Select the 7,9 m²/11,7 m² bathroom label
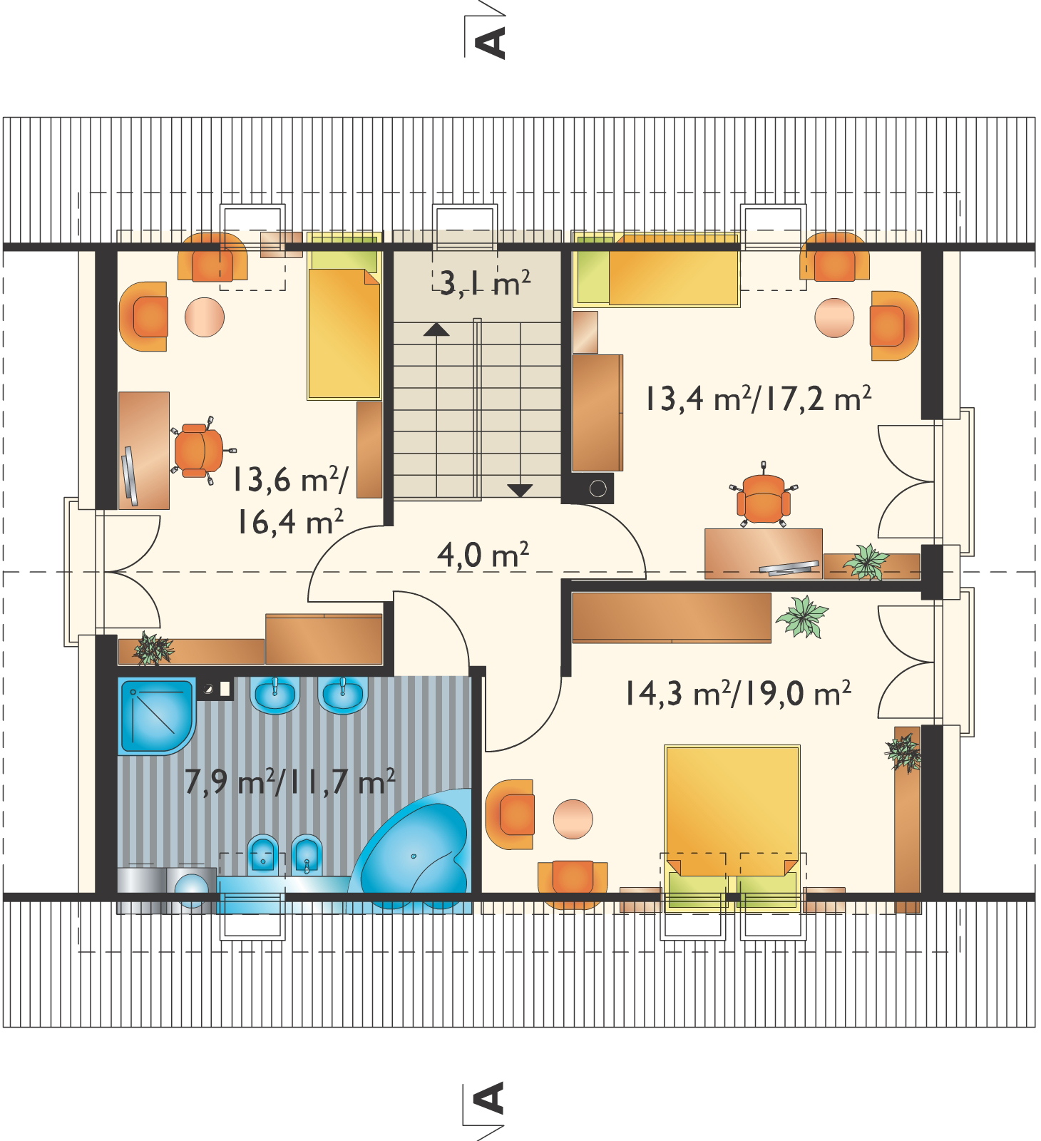coord(289,782)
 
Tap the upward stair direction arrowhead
coord(436,329)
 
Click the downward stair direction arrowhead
coord(520,490)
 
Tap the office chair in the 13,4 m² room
coord(763,496)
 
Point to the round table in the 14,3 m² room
coord(573,817)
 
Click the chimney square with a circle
coord(598,489)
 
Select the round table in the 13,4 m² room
coord(834,318)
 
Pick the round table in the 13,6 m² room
coord(205,316)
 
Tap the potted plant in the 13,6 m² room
coord(153,648)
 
